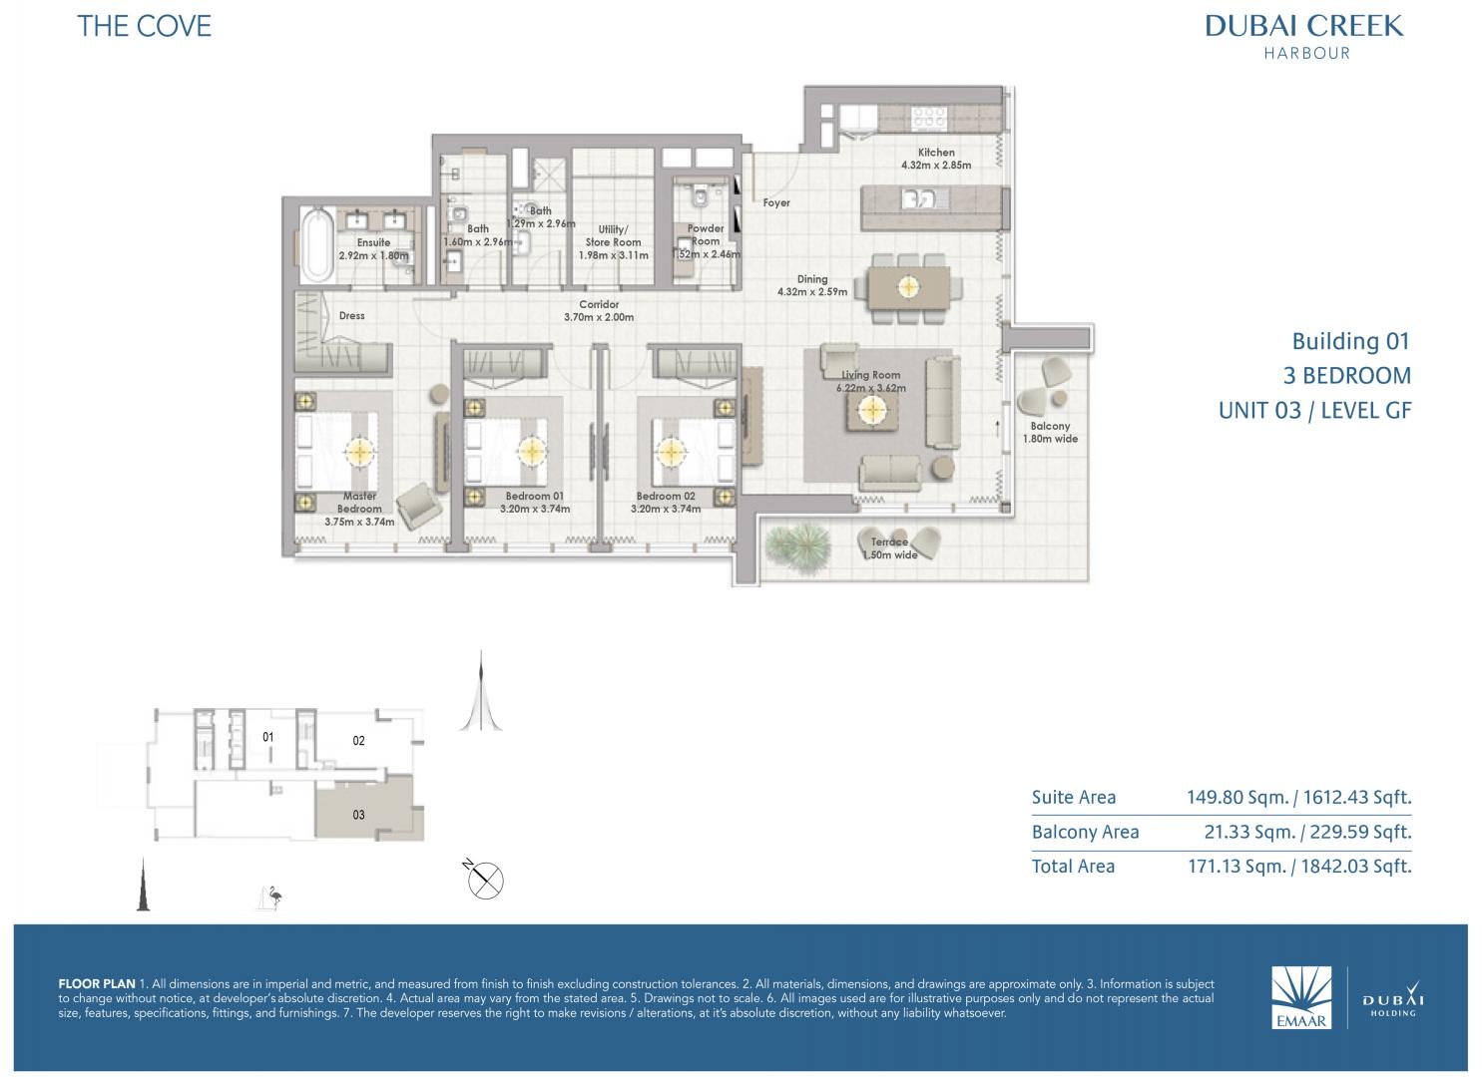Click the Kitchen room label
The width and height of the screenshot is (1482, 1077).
click(x=936, y=152)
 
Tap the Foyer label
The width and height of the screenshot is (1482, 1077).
click(x=776, y=203)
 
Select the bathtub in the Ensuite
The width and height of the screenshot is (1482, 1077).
click(x=318, y=245)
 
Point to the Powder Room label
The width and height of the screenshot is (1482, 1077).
click(x=706, y=234)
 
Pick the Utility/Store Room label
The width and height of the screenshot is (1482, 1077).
click(x=613, y=236)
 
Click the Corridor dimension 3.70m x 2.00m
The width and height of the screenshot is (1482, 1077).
click(x=599, y=317)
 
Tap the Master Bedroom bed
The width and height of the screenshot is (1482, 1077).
click(x=336, y=451)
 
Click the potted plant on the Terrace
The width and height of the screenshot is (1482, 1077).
click(x=797, y=547)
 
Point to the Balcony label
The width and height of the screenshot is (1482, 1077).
click(x=1050, y=427)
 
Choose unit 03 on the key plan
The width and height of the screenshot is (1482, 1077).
click(x=358, y=815)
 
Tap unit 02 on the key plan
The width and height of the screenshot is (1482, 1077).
click(x=358, y=741)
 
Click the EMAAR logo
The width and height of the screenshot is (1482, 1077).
click(x=1301, y=997)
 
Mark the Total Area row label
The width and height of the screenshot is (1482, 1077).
click(x=1073, y=867)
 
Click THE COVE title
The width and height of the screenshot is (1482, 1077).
click(x=145, y=27)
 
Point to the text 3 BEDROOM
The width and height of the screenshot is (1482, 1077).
click(x=1347, y=376)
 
